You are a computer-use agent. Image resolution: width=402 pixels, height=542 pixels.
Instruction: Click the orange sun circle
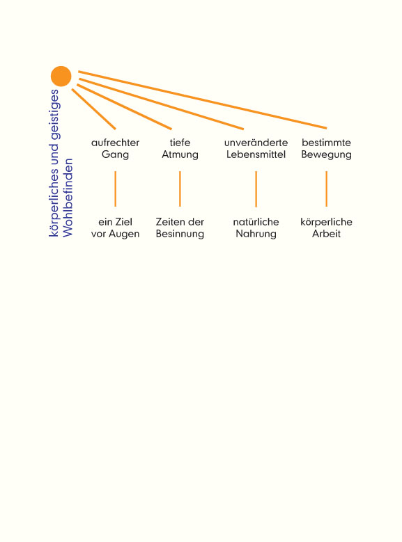coord(61,77)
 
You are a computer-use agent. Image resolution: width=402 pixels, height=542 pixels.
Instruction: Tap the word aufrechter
coord(115,143)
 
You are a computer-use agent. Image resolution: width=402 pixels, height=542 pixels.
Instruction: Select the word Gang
coord(115,154)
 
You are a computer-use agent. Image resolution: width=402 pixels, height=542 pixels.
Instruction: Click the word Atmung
coord(180,154)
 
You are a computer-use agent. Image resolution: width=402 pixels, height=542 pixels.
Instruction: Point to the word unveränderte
coord(256,143)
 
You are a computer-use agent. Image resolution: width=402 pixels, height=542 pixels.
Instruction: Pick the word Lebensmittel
coord(256,154)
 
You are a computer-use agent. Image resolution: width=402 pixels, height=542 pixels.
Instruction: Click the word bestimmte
coord(326,143)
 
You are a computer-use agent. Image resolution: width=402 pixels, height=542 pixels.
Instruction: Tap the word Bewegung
coord(326,154)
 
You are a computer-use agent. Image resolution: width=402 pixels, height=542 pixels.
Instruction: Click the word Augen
coord(125,234)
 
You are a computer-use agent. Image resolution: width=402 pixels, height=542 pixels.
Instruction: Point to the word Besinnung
coord(180,234)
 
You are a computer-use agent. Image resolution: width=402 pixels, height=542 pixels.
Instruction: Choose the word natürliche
coord(256,221)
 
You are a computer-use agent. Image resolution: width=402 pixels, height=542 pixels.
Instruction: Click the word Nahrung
coord(256,234)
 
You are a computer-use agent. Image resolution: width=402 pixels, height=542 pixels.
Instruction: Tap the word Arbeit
coord(326,234)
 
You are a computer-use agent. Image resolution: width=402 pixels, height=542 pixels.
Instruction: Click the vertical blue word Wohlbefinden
coord(68,198)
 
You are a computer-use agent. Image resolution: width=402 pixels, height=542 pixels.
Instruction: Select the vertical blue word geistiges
coord(55,114)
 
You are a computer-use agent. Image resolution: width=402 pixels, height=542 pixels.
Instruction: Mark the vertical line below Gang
coord(115,189)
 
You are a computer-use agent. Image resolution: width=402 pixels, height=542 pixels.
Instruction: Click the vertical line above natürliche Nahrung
coord(256,189)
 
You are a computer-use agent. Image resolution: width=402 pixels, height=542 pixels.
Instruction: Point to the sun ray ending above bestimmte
coord(202,99)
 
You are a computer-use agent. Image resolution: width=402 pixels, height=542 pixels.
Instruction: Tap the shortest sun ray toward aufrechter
coord(94,109)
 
